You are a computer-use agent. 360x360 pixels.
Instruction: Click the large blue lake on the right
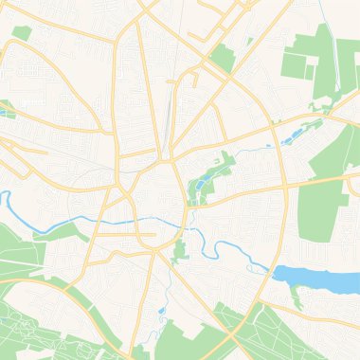coord(317,278)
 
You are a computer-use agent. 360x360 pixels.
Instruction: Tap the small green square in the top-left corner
coord(22,33)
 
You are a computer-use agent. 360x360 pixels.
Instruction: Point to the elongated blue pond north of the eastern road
coord(290,140)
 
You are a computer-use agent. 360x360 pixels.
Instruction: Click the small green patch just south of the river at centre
coord(180,250)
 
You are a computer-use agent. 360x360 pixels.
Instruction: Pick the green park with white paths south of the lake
coord(284,336)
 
